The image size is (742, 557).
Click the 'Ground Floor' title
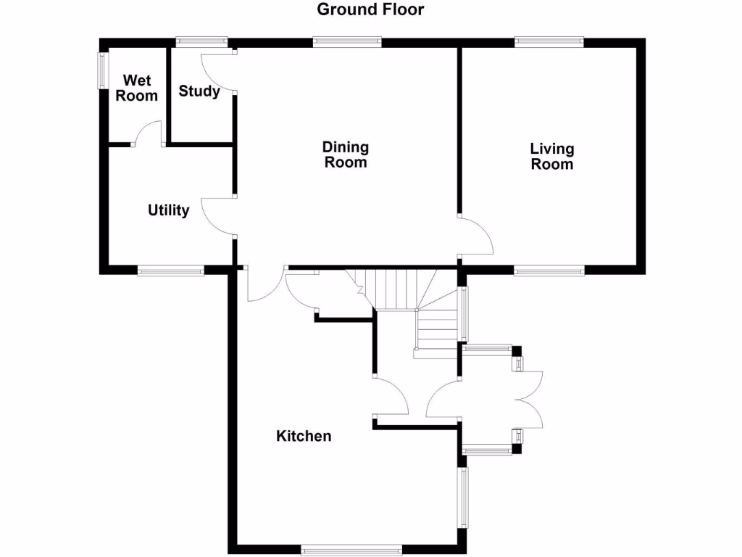tap(370, 9)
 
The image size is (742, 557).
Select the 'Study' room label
tap(199, 91)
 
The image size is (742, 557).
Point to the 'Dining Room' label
tap(346, 154)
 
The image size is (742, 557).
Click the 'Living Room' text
tap(552, 156)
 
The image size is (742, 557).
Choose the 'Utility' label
tap(169, 210)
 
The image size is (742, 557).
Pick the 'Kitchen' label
tap(304, 436)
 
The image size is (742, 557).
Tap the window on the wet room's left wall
tap(102, 70)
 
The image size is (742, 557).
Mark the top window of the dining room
tap(347, 42)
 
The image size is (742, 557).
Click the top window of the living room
tap(549, 42)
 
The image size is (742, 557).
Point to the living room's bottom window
tap(549, 271)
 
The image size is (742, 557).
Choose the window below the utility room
tap(171, 271)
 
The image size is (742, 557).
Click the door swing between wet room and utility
tap(149, 133)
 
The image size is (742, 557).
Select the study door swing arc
tap(217, 73)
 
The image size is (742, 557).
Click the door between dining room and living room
tap(477, 236)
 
